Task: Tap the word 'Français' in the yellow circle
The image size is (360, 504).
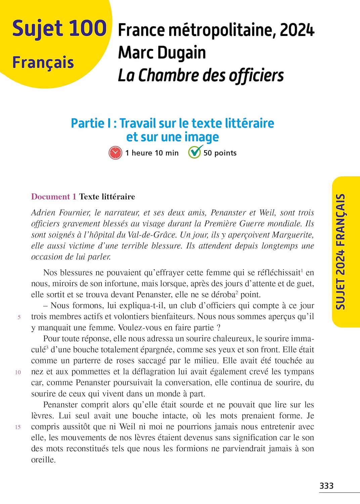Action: click(43, 62)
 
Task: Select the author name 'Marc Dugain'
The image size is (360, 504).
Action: click(162, 53)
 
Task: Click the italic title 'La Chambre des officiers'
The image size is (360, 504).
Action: click(201, 75)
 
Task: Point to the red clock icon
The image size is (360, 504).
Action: click(115, 153)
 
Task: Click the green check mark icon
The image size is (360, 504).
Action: click(195, 152)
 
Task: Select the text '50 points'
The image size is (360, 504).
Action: click(220, 153)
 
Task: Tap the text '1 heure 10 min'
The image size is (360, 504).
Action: click(152, 153)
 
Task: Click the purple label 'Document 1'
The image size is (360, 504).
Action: click(54, 197)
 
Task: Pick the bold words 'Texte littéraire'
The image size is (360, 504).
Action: click(107, 197)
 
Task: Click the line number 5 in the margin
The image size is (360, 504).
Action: click(19, 317)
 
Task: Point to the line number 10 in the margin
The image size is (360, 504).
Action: click(18, 372)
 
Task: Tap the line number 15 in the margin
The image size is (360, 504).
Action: click(18, 427)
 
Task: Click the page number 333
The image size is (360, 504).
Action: click(326, 486)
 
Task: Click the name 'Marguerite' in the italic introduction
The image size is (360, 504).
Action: click(293, 235)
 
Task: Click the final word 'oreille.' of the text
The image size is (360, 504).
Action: click(43, 460)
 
